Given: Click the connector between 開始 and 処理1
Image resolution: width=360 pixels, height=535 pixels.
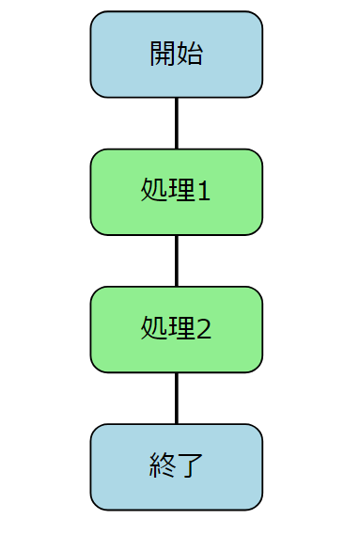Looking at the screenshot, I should (x=176, y=122).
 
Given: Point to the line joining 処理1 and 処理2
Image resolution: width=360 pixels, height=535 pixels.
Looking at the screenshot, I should (x=176, y=260).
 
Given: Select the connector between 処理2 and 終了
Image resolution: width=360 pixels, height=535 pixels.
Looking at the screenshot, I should (x=176, y=398).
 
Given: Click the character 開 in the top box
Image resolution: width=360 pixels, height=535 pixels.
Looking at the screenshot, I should (x=163, y=54).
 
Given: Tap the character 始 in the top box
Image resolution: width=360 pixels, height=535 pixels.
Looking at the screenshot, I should (x=189, y=54).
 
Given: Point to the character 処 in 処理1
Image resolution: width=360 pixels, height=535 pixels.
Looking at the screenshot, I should (x=152, y=192).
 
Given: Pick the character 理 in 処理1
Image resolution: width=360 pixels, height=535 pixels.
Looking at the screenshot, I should (x=179, y=192).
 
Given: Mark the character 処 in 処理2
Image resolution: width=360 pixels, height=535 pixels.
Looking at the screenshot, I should (x=152, y=329).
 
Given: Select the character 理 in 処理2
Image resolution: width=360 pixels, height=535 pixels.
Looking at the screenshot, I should (x=179, y=329).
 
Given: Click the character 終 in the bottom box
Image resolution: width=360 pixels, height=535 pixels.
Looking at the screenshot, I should (x=163, y=466).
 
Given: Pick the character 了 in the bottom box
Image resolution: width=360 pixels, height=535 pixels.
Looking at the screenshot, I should (x=189, y=466).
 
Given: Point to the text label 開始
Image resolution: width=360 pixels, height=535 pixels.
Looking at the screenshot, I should (x=176, y=54).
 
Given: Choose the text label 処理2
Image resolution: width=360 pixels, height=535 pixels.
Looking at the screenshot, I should (x=176, y=329).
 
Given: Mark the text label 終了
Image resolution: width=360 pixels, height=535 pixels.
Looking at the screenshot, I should (x=176, y=466).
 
